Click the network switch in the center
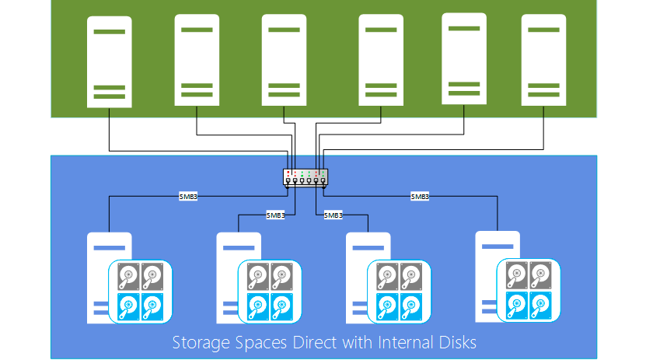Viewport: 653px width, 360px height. pos(306,177)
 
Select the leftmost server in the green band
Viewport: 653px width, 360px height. pos(110,60)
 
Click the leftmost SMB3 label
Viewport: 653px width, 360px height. pos(188,197)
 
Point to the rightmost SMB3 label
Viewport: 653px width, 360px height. pos(420,197)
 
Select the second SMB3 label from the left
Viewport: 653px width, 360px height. pos(275,215)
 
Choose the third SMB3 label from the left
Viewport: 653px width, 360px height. pos(333,215)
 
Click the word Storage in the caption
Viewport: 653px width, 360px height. pos(197,342)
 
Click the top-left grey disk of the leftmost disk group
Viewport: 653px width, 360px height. pos(129,275)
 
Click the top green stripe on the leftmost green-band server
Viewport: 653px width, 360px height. pos(110,31)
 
